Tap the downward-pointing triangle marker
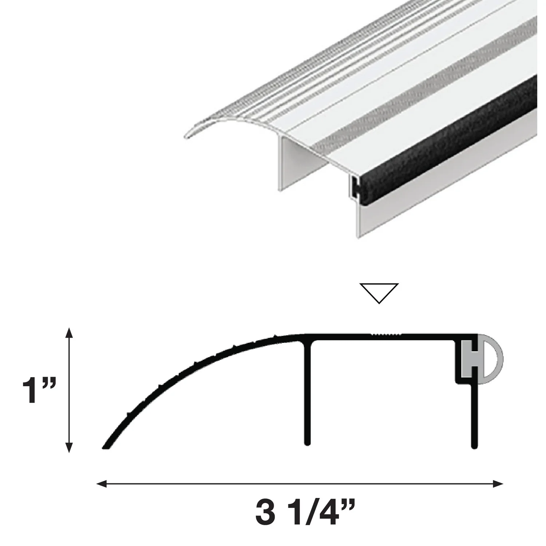coord(379,292)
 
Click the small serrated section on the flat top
coord(386,334)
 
